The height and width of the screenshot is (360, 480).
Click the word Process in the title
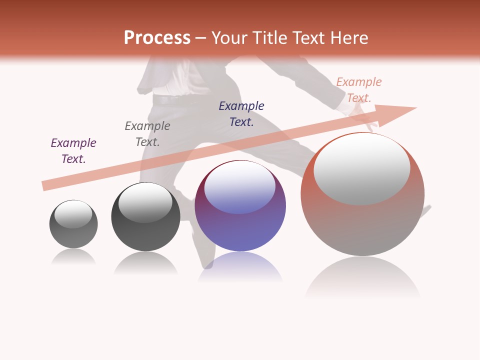point(157,38)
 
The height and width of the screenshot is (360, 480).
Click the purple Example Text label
point(73,150)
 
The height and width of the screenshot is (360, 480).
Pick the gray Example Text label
point(147,133)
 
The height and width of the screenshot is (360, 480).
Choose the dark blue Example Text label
point(241,113)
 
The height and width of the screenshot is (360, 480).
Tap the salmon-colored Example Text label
point(359,89)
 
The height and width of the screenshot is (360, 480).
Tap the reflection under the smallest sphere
point(73,257)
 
